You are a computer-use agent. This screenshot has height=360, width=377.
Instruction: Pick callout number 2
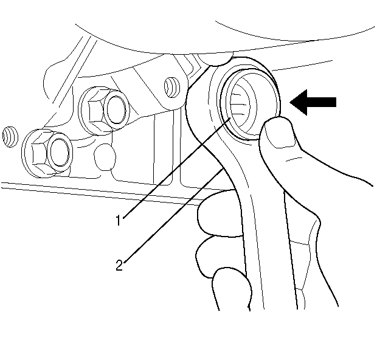[x=120, y=265]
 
